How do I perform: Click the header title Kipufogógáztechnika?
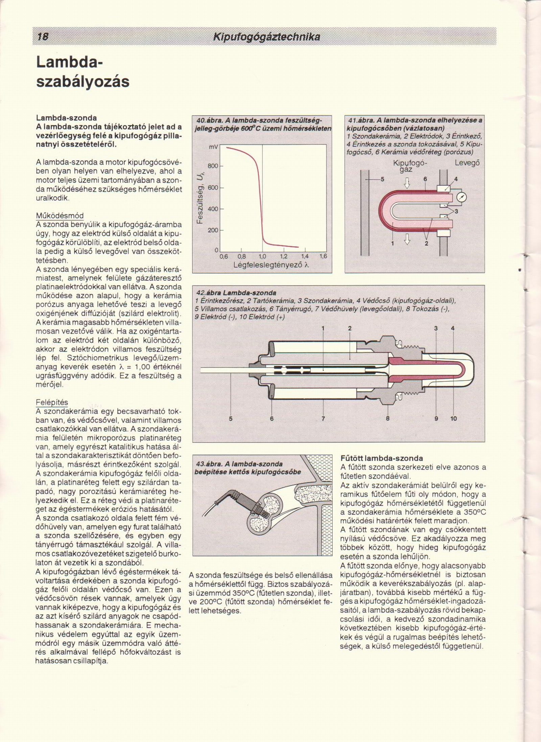[x=267, y=37]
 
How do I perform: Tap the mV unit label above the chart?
[x=213, y=147]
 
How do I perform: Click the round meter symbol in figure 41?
[x=462, y=198]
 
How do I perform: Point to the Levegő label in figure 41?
[x=467, y=163]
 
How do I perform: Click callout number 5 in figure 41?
[x=383, y=179]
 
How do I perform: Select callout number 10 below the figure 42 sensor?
[x=453, y=419]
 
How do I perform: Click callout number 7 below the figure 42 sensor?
[x=323, y=419]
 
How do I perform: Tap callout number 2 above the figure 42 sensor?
[x=350, y=328]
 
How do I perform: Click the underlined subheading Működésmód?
[x=60, y=216]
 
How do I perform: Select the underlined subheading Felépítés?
[x=52, y=402]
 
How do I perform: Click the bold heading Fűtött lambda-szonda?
[x=382, y=459]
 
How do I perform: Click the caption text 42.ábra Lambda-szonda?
[x=236, y=293]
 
